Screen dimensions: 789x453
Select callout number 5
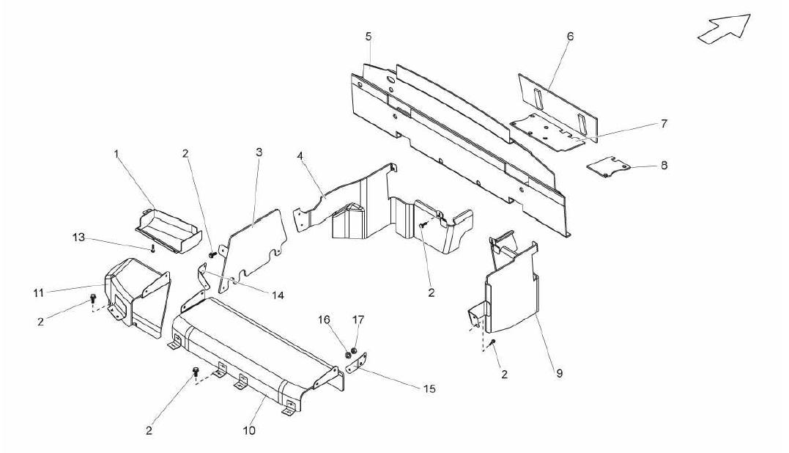coord(368,36)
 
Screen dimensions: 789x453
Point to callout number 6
coord(570,36)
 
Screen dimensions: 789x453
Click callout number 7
coord(664,123)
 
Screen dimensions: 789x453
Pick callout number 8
coord(664,165)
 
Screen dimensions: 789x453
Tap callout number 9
coord(560,374)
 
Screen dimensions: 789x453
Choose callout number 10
coord(250,430)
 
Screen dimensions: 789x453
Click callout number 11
coord(40,292)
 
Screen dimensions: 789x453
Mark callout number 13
coord(78,237)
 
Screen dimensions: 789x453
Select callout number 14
coord(278,295)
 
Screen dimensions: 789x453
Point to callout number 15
coord(429,388)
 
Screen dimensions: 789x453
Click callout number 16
coord(324,320)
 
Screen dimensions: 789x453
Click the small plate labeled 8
coord(608,166)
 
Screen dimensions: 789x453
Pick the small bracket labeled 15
coord(357,364)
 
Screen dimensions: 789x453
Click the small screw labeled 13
coord(152,248)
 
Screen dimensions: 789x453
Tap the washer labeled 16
coord(348,356)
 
